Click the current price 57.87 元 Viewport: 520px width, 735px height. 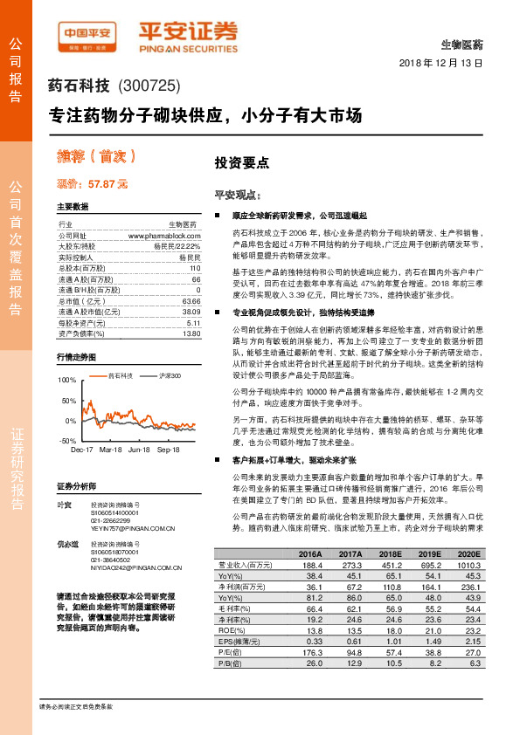107,184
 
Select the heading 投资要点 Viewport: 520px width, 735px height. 241,162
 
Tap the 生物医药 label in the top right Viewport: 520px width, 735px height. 465,44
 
